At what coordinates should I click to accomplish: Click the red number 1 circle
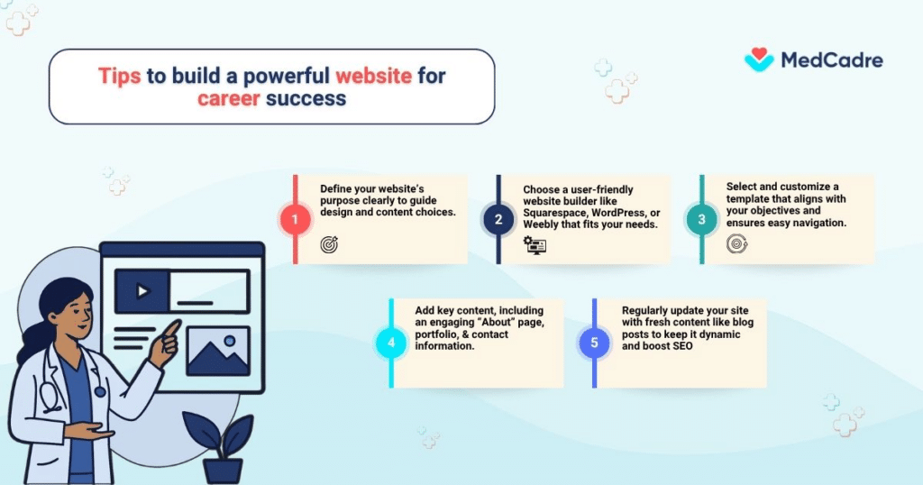[x=295, y=219]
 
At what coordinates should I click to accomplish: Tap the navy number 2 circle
[x=498, y=219]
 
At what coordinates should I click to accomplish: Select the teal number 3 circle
[x=702, y=219]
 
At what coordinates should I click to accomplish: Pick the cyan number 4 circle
[x=390, y=343]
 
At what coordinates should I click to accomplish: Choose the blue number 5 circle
[x=594, y=343]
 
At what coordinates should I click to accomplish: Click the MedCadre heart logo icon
[x=759, y=60]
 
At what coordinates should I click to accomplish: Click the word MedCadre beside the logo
[x=831, y=61]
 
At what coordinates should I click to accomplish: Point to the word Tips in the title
[x=119, y=76]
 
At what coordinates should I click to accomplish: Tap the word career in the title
[x=229, y=97]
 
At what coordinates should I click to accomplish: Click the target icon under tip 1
[x=329, y=244]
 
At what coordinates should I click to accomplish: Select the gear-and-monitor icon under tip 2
[x=535, y=244]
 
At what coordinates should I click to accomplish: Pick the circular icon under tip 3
[x=736, y=243]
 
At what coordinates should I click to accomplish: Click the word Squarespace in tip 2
[x=555, y=212]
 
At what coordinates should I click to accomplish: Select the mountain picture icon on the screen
[x=217, y=351]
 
